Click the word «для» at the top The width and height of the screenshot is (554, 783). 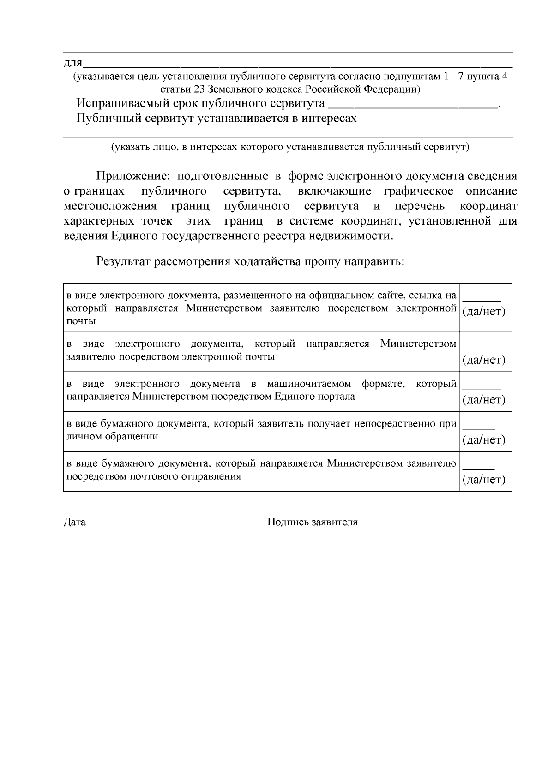[72, 63]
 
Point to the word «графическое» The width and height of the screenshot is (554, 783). [418, 191]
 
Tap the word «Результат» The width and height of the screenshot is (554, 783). [123, 262]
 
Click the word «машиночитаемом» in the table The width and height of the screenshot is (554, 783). [309, 384]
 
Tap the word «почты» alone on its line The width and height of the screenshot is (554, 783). [81, 321]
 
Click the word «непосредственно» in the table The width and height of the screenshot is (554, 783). [401, 423]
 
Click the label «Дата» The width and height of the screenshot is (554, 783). [74, 522]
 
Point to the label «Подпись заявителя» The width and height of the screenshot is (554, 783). [312, 522]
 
